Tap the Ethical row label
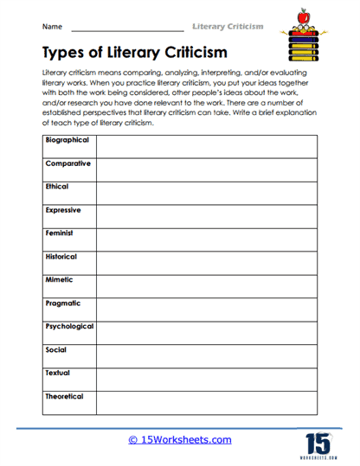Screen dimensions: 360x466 tap(57, 187)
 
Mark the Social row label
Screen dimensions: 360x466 tap(55, 350)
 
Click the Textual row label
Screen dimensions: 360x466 tap(57, 373)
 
